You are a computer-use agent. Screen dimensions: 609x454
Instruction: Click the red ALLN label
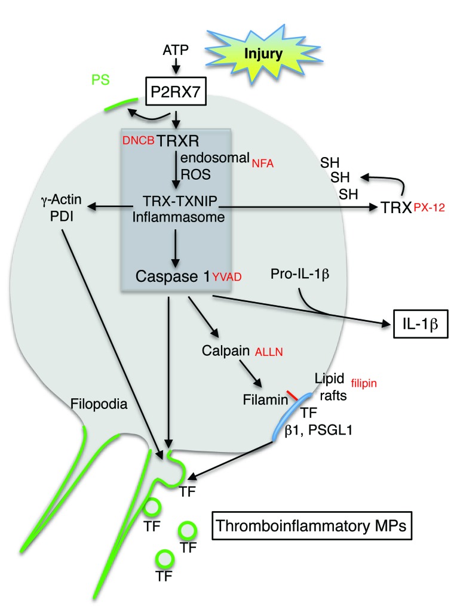point(270,353)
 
